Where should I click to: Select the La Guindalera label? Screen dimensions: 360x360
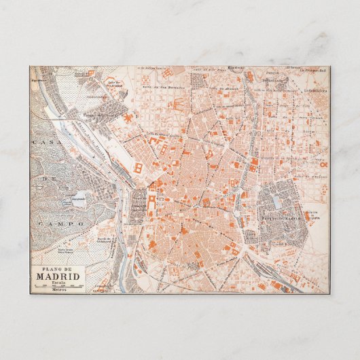point(315,89)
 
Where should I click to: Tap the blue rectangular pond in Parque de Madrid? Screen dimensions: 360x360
point(278,202)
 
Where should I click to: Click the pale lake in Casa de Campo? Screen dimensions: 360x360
point(77,202)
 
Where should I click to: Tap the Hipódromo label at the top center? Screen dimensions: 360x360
point(236,68)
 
